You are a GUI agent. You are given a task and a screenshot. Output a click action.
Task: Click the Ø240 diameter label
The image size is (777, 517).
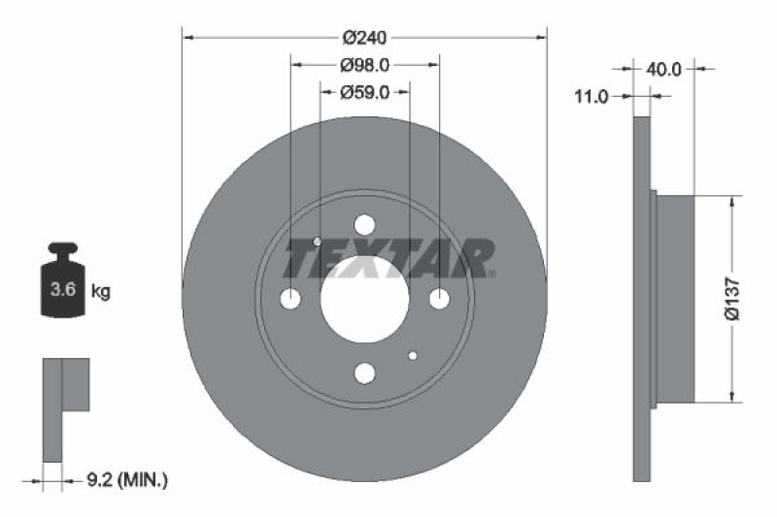pyautogui.click(x=364, y=38)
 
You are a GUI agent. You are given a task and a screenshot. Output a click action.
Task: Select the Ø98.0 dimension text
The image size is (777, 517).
pyautogui.click(x=364, y=65)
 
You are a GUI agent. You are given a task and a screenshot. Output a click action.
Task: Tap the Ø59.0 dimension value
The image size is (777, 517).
pyautogui.click(x=364, y=92)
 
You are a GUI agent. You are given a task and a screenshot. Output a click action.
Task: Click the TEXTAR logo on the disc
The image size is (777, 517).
pyautogui.click(x=388, y=258)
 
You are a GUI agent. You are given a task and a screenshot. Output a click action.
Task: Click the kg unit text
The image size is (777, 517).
pyautogui.click(x=100, y=289)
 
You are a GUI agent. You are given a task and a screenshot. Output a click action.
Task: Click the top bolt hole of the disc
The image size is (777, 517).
pyautogui.click(x=364, y=225)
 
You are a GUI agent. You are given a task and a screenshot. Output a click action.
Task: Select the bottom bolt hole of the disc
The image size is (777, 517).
pyautogui.click(x=364, y=373)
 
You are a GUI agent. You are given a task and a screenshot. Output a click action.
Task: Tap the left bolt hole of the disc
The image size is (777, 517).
pyautogui.click(x=290, y=300)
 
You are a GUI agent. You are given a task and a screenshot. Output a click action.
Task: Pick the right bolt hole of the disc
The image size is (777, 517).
pyautogui.click(x=439, y=300)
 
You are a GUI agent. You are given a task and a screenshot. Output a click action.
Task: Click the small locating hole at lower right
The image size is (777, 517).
pyautogui.click(x=412, y=356)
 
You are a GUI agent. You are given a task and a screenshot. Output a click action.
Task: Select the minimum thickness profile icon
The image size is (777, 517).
pyautogui.click(x=63, y=407)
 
